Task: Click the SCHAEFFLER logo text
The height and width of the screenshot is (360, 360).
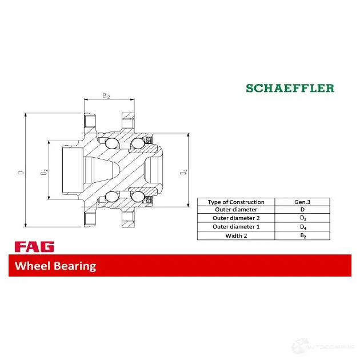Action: (290, 88)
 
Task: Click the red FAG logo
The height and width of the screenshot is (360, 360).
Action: (34, 247)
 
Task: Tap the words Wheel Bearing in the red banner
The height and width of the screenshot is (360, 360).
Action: (55, 266)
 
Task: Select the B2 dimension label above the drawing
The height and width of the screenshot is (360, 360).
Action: (106, 96)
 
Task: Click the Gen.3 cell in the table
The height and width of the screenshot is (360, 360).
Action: (302, 202)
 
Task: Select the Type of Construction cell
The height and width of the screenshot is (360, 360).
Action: (235, 202)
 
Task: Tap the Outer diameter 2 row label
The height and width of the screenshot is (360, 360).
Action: (235, 218)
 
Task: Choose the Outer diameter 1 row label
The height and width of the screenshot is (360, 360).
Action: (235, 227)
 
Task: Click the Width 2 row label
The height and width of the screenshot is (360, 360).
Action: (235, 235)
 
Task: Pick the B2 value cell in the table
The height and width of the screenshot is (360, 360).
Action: (302, 235)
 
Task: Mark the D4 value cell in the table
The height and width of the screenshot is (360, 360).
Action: (302, 227)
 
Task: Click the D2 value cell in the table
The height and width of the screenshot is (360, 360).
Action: (302, 218)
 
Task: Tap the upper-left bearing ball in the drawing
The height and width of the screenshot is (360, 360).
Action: (112, 143)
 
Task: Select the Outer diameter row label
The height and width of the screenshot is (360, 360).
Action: (235, 210)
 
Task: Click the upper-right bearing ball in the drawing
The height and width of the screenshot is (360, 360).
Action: (137, 143)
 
